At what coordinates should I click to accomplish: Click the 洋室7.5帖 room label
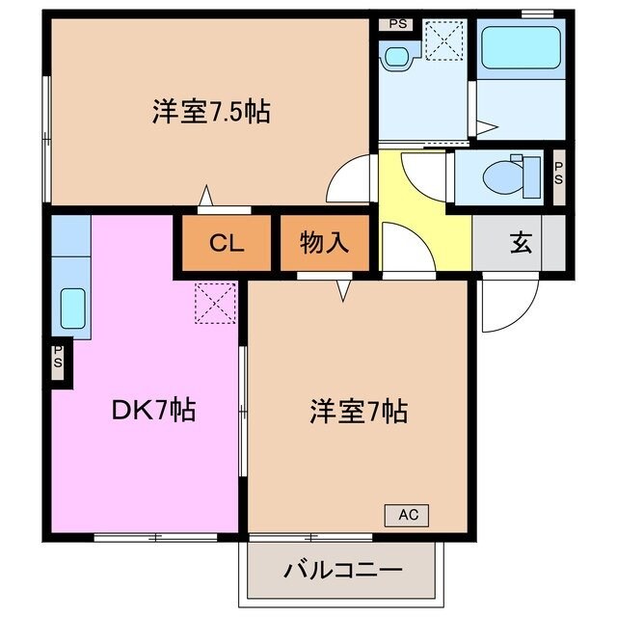(210, 113)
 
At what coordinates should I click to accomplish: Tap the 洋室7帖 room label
(358, 413)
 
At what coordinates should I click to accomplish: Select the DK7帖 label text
(154, 411)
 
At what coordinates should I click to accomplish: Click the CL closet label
(227, 244)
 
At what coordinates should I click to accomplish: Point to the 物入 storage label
(323, 244)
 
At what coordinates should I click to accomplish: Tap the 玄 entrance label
(521, 244)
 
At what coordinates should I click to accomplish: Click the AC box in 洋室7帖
(407, 515)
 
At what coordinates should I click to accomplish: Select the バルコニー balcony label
(343, 570)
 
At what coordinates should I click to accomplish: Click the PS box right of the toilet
(558, 176)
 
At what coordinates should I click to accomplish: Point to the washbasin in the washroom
(395, 56)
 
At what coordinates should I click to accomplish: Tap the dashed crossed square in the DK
(215, 301)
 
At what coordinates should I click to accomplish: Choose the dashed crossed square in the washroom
(446, 40)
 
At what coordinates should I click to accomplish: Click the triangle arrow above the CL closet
(205, 198)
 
